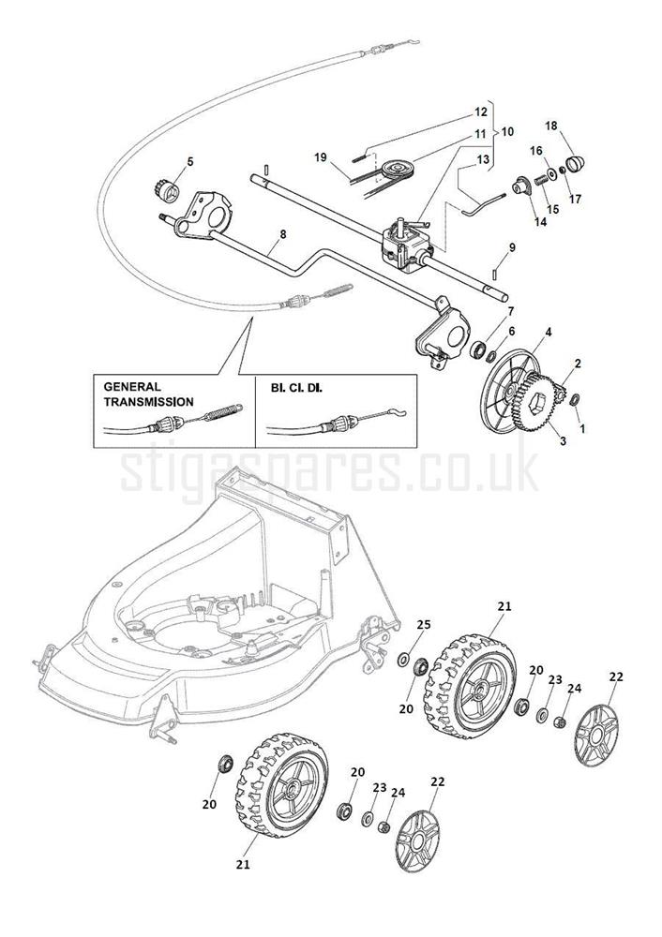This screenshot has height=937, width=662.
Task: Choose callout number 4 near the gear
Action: click(548, 332)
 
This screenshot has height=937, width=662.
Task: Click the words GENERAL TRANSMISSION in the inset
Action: click(147, 394)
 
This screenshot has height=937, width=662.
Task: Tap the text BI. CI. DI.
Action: click(296, 386)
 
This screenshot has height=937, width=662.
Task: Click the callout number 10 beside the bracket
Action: click(507, 133)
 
